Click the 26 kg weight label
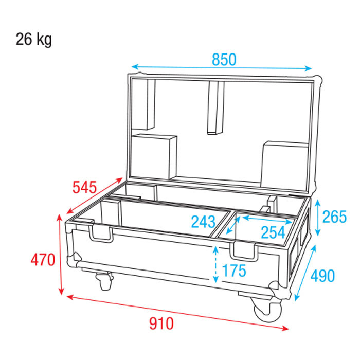34,40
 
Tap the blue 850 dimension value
224,60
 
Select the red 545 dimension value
84,187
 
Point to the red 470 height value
43,260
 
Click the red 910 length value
161,323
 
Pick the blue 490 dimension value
322,276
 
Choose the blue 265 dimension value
334,217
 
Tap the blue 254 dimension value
273,232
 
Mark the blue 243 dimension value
204,222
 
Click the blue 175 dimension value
234,270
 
